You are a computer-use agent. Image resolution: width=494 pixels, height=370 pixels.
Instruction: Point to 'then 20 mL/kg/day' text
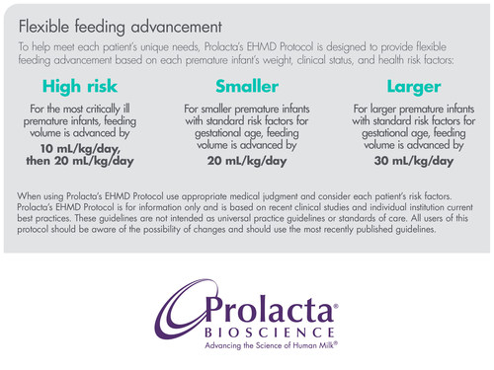81,162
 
